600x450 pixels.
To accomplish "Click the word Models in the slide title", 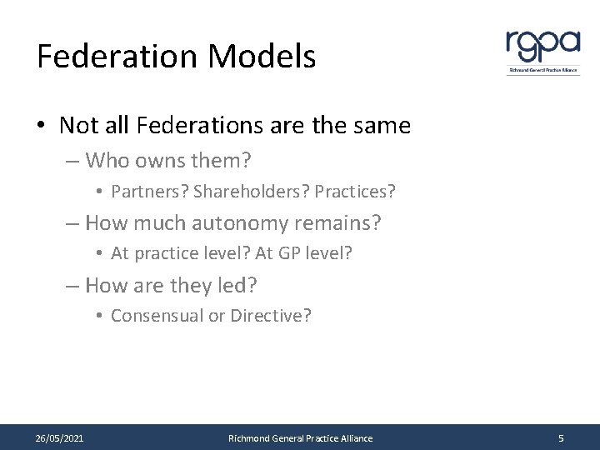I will click(262, 57).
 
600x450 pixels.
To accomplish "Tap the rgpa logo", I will click(542, 50).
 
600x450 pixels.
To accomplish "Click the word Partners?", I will click(148, 192).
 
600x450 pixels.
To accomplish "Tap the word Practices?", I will click(354, 192).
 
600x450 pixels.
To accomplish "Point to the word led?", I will click(237, 286).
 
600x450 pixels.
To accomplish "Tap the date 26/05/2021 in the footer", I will click(59, 438).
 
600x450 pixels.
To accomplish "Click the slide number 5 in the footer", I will click(561, 438).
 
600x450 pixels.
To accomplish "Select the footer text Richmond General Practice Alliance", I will click(300, 438).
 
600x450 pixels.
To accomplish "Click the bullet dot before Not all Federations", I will click(41, 127).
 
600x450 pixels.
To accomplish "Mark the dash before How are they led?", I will click(73, 286).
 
